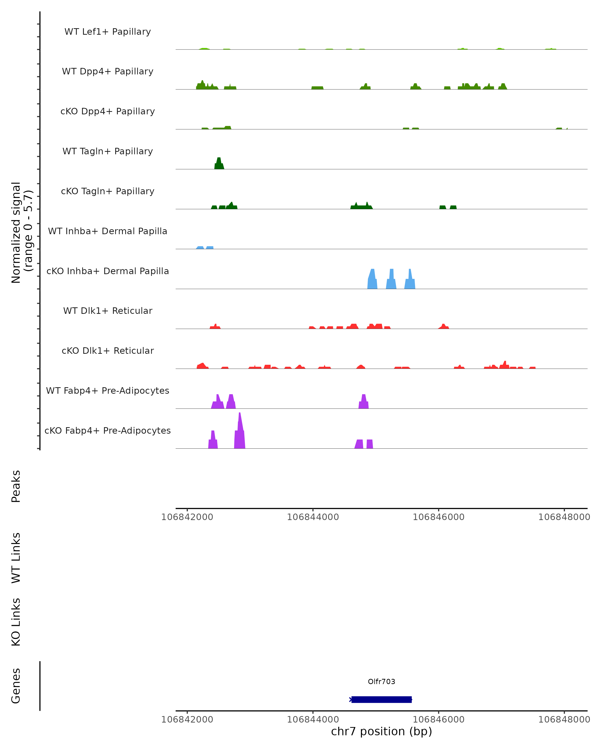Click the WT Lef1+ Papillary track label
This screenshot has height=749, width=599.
108,32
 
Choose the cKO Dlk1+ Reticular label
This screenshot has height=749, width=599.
108,351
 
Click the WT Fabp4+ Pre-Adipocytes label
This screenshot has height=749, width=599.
108,390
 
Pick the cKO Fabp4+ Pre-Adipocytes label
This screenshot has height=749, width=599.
108,430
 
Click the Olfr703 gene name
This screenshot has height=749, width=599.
381,682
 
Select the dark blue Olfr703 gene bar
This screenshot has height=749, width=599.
381,699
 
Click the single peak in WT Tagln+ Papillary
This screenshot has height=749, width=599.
219,164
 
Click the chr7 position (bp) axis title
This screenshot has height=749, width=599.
381,731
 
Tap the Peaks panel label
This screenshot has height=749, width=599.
16,486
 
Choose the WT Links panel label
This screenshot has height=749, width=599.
16,558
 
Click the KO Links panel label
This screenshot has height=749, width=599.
16,622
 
